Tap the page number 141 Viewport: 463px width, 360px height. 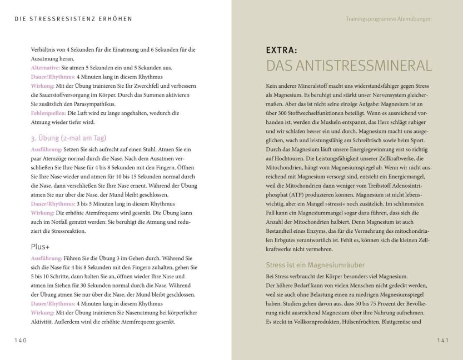442,340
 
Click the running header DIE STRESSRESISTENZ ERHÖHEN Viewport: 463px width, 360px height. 73,18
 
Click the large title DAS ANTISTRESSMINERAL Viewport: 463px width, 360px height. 349,66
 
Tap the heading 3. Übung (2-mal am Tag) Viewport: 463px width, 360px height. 69,137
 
